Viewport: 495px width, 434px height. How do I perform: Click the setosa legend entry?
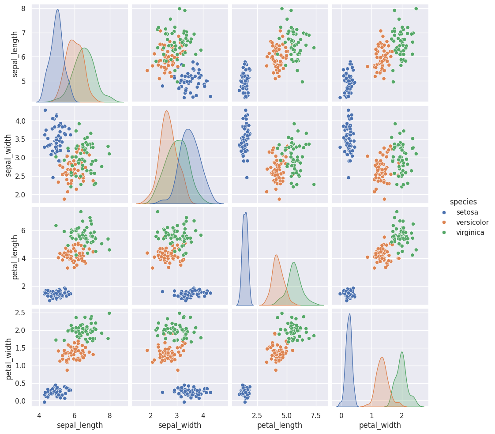[467, 212]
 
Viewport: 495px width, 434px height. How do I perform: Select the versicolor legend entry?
[472, 223]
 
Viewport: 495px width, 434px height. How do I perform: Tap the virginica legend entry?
[470, 233]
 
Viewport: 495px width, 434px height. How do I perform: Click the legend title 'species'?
[463, 202]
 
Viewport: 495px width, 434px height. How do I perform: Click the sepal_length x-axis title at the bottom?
[80, 425]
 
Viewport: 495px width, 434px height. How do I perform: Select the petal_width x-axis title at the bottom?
[380, 425]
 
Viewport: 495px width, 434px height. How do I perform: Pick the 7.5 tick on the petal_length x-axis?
[316, 415]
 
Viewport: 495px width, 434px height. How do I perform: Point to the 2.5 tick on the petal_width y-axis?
[20, 313]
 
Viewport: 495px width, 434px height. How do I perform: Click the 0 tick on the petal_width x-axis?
[341, 415]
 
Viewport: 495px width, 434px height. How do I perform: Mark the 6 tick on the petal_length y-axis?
[22, 230]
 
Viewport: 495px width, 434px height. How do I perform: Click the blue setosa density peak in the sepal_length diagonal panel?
[57, 10]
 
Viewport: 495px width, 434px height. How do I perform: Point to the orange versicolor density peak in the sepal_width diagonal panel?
[166, 111]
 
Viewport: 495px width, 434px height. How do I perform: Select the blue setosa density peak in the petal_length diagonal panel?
[246, 212]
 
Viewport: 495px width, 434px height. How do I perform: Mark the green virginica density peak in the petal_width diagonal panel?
[402, 352]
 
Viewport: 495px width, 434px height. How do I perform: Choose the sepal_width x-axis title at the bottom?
[180, 425]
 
